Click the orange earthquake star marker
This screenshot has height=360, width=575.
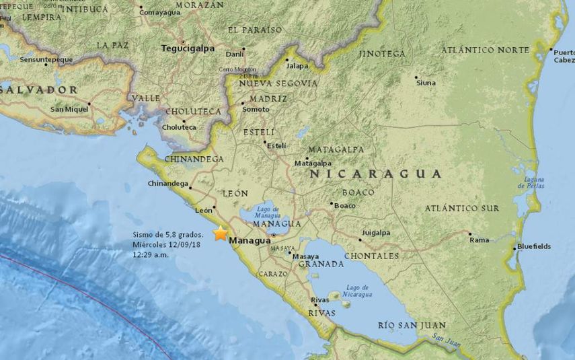tap(220, 233)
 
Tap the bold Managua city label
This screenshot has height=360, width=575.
tap(250, 240)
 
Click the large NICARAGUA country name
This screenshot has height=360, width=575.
tap(375, 174)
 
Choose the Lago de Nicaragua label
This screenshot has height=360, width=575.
tap(356, 291)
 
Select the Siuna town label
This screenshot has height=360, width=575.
tap(426, 83)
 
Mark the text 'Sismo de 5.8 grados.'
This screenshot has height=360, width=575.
tap(167, 234)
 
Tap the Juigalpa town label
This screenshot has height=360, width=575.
tap(375, 233)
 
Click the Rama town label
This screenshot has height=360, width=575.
tap(479, 240)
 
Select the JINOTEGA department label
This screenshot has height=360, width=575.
tap(383, 53)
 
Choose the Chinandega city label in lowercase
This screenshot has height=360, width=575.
tap(168, 183)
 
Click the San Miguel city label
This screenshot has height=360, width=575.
tap(69, 109)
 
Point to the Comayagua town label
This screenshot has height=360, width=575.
tap(161, 11)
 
